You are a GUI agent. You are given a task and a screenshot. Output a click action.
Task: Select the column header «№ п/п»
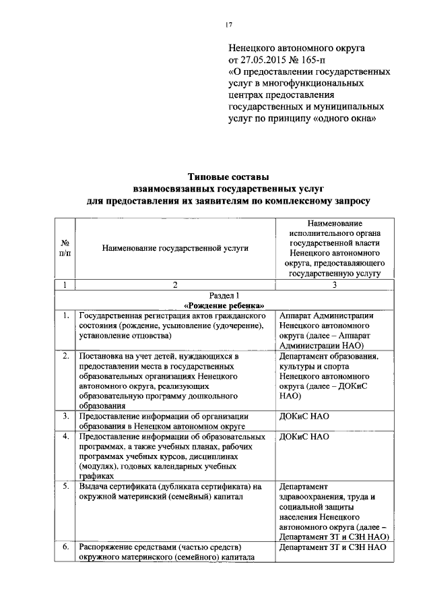pyautogui.click(x=65, y=247)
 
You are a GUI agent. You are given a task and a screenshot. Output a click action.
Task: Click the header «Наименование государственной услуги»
pyautogui.click(x=175, y=248)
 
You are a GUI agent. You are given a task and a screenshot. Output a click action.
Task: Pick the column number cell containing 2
pyautogui.click(x=175, y=285)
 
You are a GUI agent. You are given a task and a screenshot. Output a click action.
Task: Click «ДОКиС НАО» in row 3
pyautogui.click(x=304, y=416)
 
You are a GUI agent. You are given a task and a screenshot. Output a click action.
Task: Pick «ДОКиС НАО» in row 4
pyautogui.click(x=304, y=436)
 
